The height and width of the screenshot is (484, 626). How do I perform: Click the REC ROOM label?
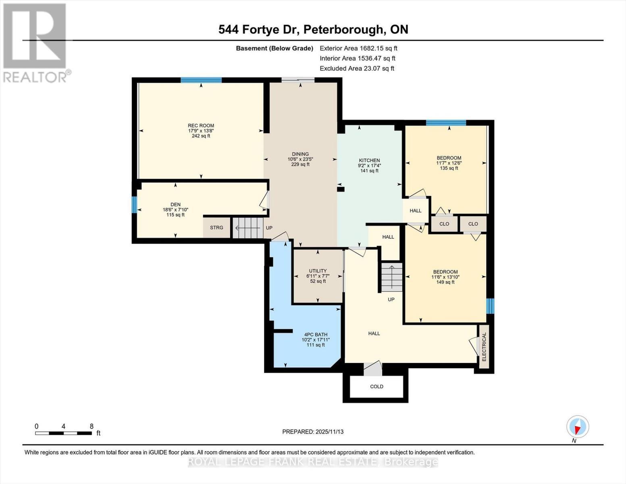[x=201, y=125]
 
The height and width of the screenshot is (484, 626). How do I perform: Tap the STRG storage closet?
[x=216, y=228]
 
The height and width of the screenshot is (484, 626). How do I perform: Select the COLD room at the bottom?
[x=376, y=386]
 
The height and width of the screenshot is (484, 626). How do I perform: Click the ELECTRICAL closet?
[x=484, y=347]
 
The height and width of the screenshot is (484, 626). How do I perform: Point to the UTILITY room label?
[x=318, y=271]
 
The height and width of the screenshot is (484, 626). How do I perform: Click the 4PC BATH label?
[x=316, y=334]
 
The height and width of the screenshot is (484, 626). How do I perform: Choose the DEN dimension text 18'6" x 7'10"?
[x=175, y=210]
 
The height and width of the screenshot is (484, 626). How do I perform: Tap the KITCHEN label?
[x=369, y=160]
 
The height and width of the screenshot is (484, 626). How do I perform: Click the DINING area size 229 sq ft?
[x=300, y=165]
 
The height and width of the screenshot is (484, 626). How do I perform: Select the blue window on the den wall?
[x=134, y=204]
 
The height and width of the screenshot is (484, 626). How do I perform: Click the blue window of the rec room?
[x=201, y=80]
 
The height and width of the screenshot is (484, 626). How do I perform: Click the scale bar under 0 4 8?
[x=63, y=434]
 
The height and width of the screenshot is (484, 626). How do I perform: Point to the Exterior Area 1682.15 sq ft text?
[x=358, y=48]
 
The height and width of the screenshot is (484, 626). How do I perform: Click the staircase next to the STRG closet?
[x=247, y=228]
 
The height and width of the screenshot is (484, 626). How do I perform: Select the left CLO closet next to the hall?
[x=444, y=224]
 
